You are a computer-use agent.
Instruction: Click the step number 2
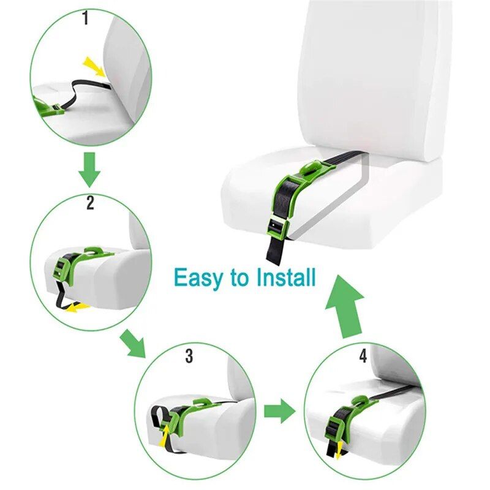[90, 203]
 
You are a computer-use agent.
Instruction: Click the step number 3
[189, 355]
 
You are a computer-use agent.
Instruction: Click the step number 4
[363, 356]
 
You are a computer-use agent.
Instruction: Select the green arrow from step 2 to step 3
[133, 343]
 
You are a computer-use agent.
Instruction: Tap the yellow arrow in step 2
[77, 307]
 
